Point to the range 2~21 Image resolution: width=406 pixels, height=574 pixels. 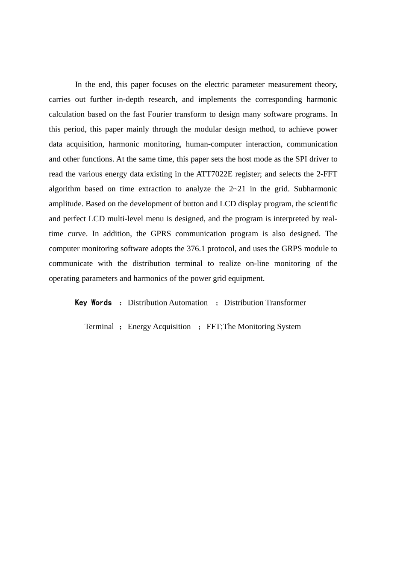(237, 189)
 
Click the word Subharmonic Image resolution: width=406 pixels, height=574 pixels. (315, 189)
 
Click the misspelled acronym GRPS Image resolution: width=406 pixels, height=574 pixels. (292, 249)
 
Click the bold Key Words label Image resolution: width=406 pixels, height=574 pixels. (93, 303)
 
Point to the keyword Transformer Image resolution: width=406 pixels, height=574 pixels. (285, 303)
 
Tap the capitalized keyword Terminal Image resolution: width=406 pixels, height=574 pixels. (99, 327)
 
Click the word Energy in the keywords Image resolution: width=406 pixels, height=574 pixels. (139, 327)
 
